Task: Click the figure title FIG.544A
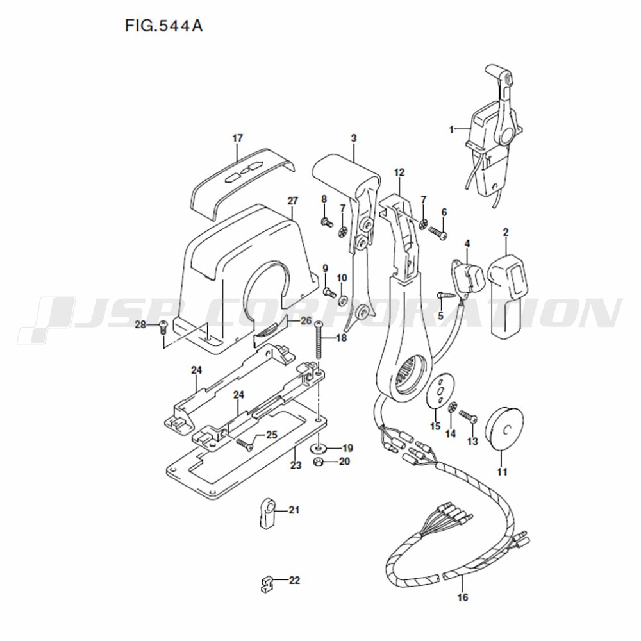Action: coord(163,26)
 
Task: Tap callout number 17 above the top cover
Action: coord(238,138)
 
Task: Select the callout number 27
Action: coord(293,201)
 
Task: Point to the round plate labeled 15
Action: coord(440,390)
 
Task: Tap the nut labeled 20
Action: coord(317,462)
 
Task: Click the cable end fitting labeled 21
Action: coord(268,513)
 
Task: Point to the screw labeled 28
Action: coord(163,327)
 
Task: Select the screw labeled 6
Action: coord(438,233)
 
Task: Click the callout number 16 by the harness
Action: coord(462,597)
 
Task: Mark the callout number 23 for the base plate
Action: coord(296,465)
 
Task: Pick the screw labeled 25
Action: coord(244,444)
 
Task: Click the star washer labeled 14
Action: coord(452,408)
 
